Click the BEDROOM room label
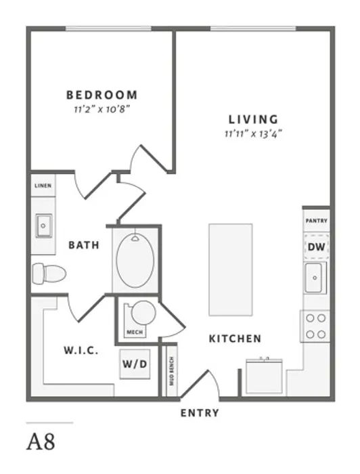click(x=102, y=95)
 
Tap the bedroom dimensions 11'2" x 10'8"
click(x=102, y=109)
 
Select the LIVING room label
click(x=253, y=119)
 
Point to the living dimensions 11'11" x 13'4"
click(x=253, y=133)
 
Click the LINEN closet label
click(x=43, y=186)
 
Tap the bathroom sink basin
click(x=43, y=225)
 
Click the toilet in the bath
click(x=49, y=274)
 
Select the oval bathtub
click(x=135, y=260)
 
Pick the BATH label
click(x=84, y=245)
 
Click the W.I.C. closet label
click(x=81, y=350)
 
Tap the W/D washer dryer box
click(x=135, y=364)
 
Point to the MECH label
click(x=135, y=332)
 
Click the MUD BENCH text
click(x=172, y=371)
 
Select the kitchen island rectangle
click(x=231, y=270)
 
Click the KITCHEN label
click(x=235, y=339)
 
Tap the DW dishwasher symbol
click(x=316, y=246)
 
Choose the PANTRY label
click(x=316, y=221)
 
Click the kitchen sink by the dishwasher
click(x=315, y=278)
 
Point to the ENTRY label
click(x=200, y=413)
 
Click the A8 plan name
click(x=41, y=442)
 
